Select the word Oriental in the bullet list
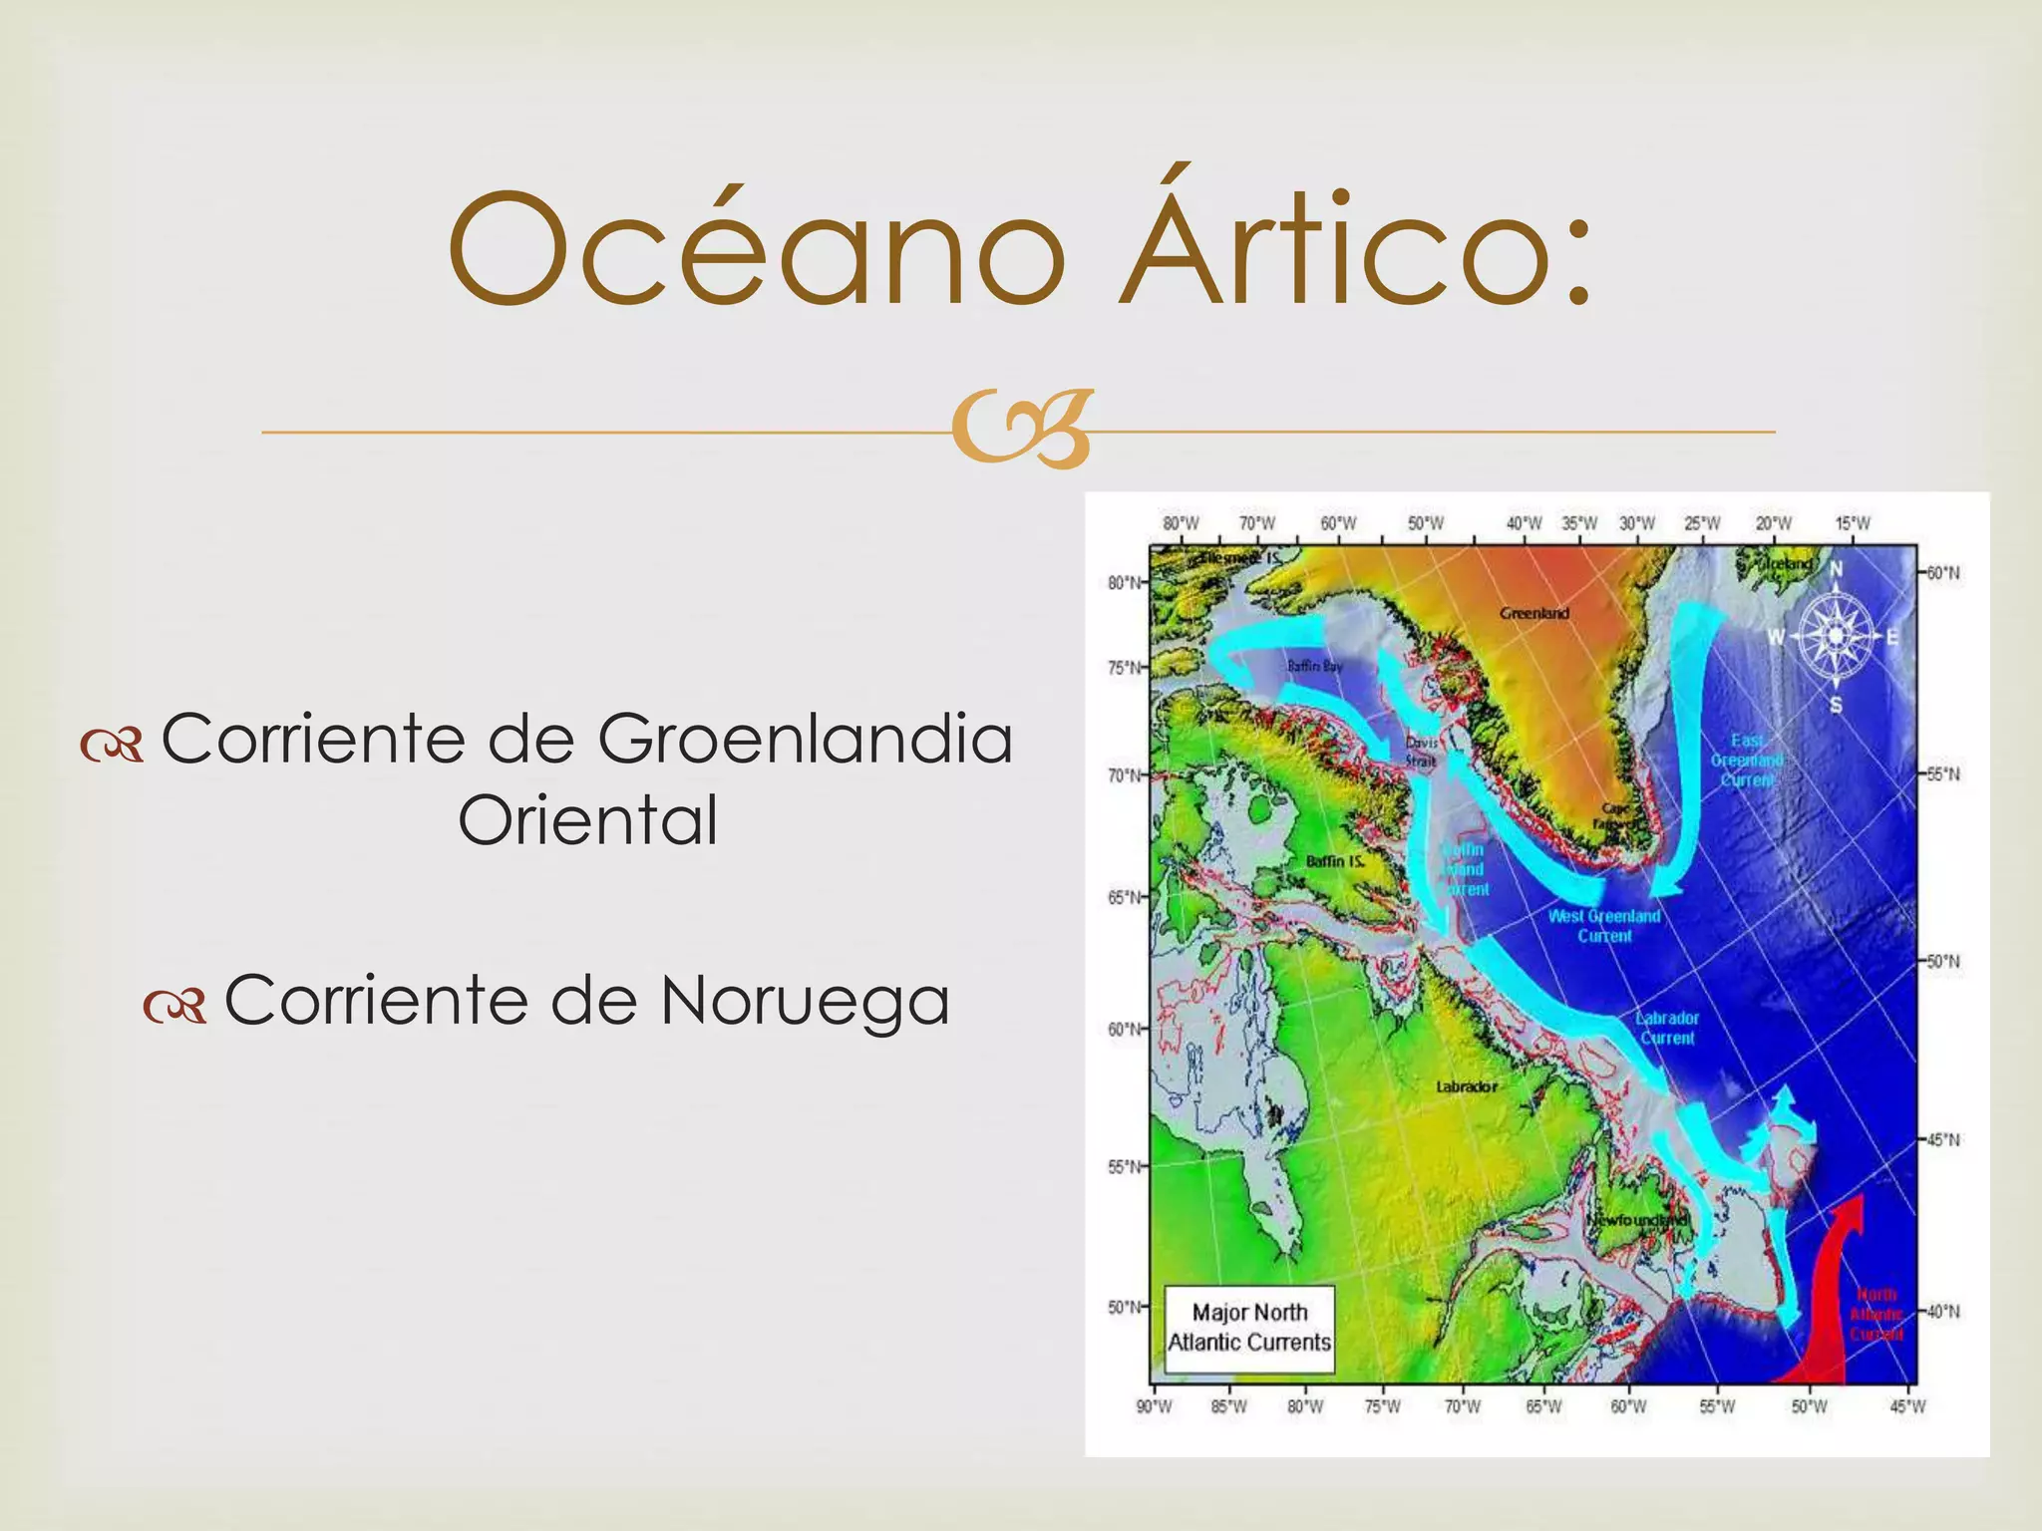click(x=587, y=820)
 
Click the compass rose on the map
click(x=1836, y=636)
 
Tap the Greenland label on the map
click(x=1534, y=613)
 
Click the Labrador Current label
click(x=1667, y=1028)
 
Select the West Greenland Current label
click(x=1604, y=925)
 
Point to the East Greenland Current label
click(x=1747, y=760)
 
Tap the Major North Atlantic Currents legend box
click(x=1249, y=1327)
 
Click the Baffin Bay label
click(x=1314, y=666)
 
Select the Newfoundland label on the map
click(x=1637, y=1220)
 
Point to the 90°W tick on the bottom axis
click(x=1154, y=1406)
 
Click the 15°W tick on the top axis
click(x=1853, y=523)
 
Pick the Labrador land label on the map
click(x=1466, y=1086)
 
